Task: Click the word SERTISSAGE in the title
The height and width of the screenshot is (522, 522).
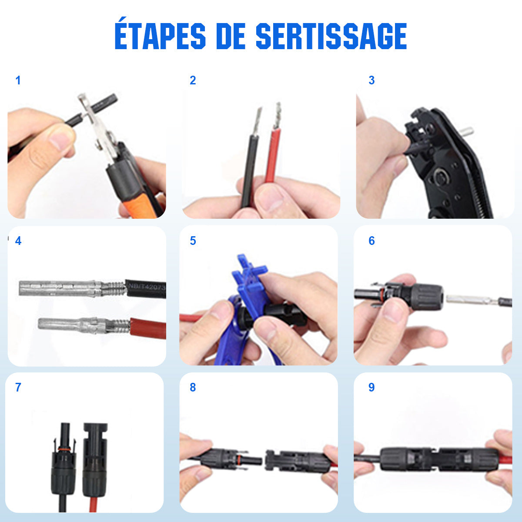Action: tap(331, 36)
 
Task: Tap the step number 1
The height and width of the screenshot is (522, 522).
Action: tap(18, 80)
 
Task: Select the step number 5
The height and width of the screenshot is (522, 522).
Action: tap(193, 241)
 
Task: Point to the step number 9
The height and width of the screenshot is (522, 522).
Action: tap(371, 388)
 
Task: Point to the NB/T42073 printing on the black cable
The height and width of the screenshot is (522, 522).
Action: tap(146, 287)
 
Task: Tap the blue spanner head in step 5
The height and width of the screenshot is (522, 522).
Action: tap(251, 274)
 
